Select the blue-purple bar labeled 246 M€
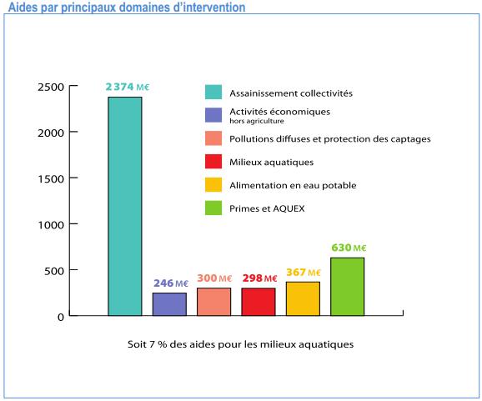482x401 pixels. pyautogui.click(x=169, y=304)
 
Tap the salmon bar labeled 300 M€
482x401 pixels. pyautogui.click(x=213, y=302)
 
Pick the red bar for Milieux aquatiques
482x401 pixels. pyautogui.click(x=258, y=302)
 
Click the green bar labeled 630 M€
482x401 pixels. pyautogui.click(x=347, y=287)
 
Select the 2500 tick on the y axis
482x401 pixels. pyautogui.click(x=49, y=86)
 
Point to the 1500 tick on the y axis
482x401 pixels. pyautogui.click(x=49, y=178)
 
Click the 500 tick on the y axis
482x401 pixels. pyautogui.click(x=53, y=271)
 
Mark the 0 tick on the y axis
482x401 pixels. pyautogui.click(x=61, y=317)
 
